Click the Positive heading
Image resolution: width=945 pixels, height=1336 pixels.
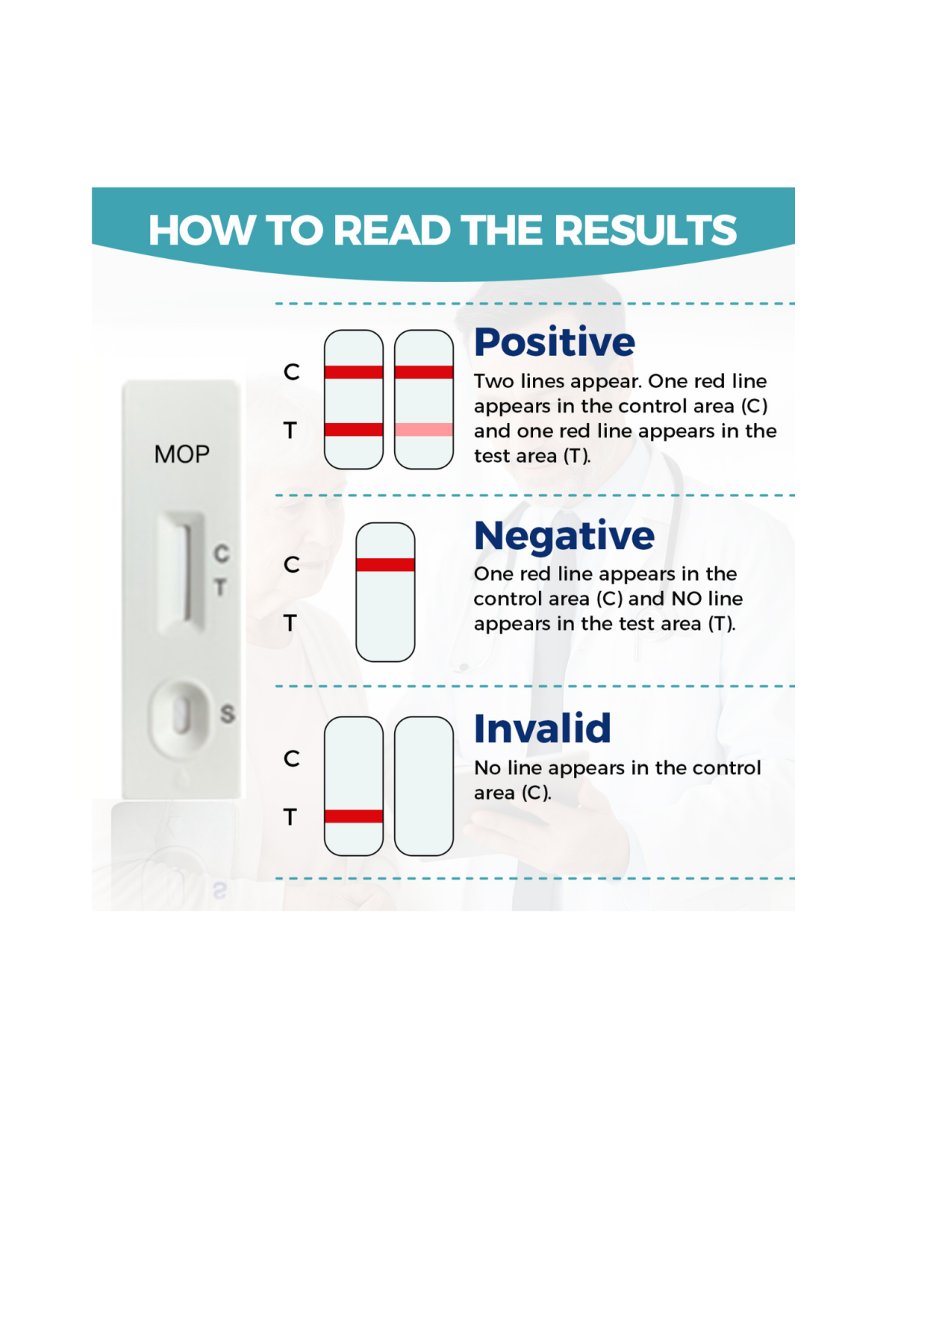[x=555, y=343]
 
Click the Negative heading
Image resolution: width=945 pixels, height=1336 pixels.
[x=564, y=535]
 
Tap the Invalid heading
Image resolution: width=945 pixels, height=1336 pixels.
[x=543, y=728]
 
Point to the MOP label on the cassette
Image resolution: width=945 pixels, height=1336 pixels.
[x=181, y=454]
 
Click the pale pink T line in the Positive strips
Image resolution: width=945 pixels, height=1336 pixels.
[x=424, y=430]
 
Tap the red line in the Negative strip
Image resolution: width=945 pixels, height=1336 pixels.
[x=385, y=565]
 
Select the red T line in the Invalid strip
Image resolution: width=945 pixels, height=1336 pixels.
[x=354, y=817]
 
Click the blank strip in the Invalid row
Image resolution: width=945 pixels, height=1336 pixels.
[x=424, y=786]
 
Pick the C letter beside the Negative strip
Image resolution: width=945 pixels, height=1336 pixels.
[x=292, y=565]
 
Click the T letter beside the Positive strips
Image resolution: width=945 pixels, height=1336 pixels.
[x=290, y=431]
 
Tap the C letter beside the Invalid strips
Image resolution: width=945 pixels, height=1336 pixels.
[x=292, y=759]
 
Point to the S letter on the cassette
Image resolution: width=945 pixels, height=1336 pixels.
[x=228, y=714]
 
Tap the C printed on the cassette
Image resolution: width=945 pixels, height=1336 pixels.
[x=222, y=553]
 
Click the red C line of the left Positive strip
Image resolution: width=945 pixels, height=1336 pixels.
[x=354, y=372]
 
